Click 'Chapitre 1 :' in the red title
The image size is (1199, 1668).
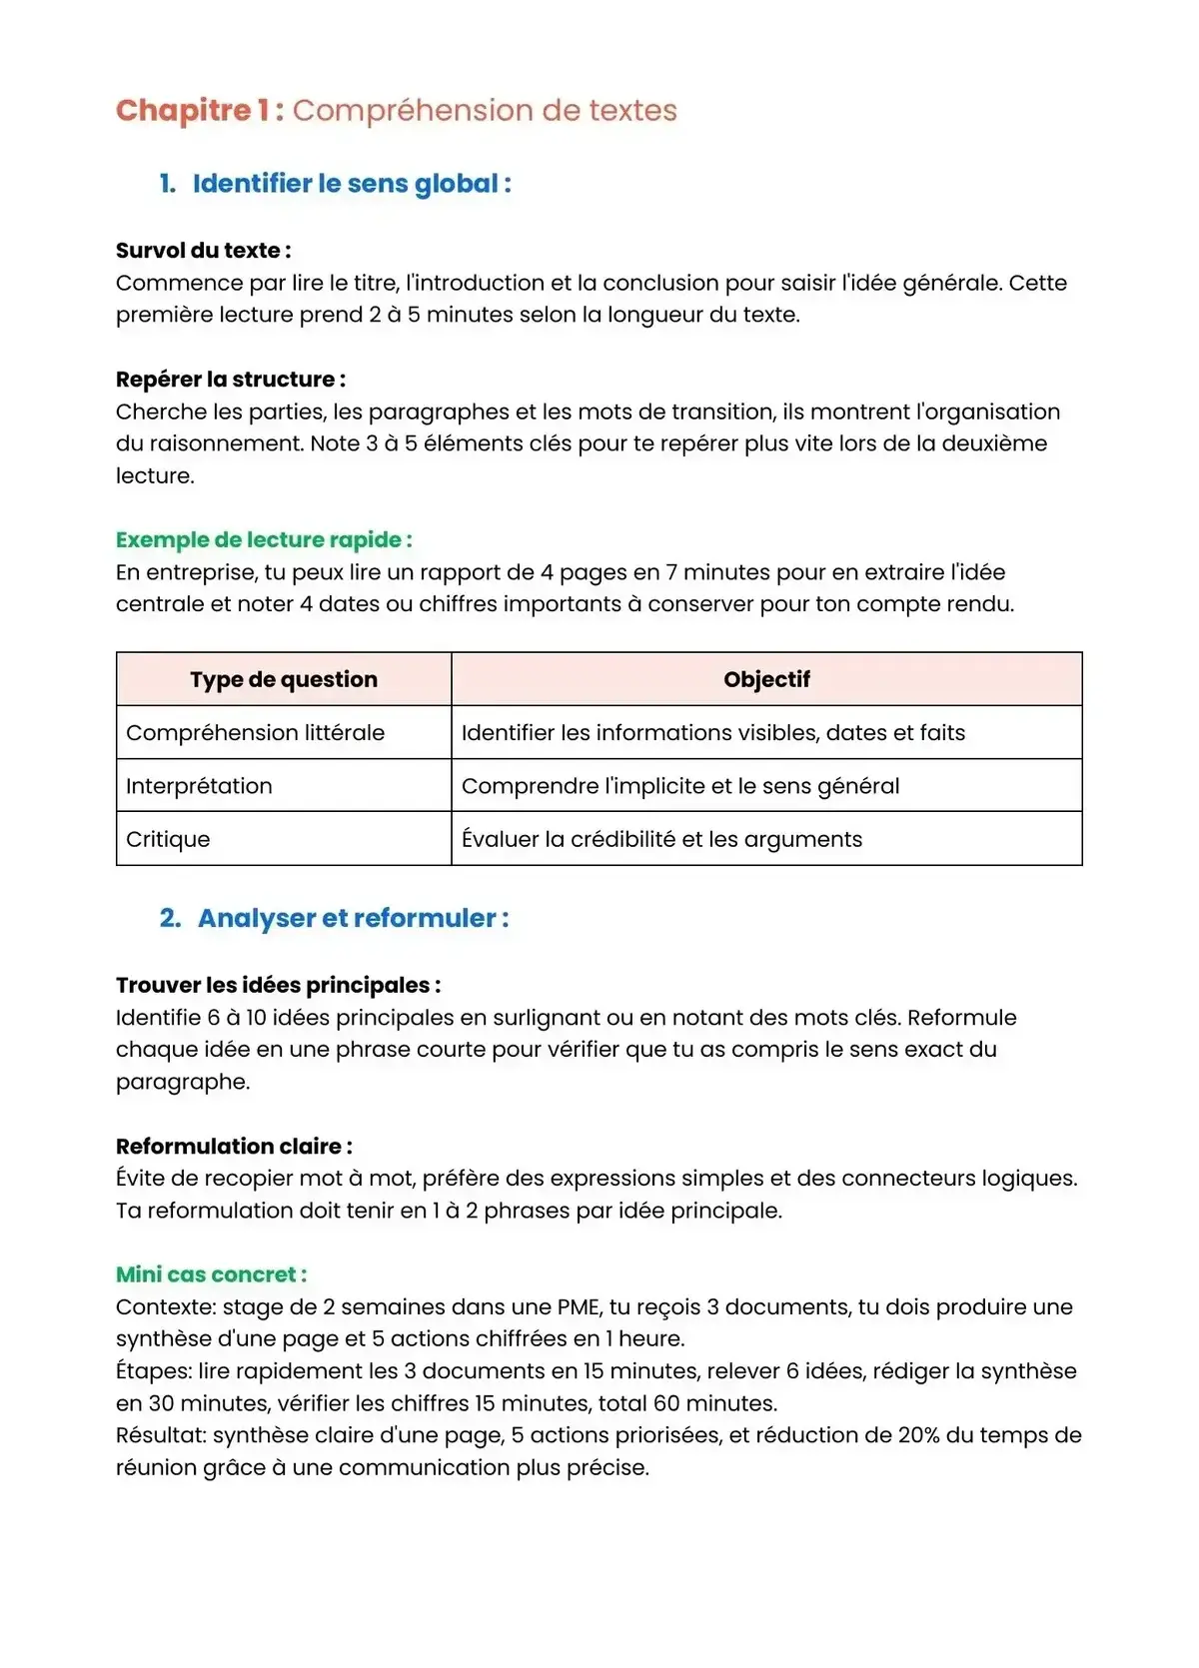point(199,110)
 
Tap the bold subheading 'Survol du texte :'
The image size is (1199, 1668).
point(203,251)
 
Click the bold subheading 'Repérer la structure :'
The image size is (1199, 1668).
point(231,380)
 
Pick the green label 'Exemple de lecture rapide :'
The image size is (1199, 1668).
point(264,540)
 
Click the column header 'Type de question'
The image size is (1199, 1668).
point(284,679)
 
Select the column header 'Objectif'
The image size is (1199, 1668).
point(766,679)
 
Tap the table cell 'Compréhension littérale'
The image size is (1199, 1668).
point(255,733)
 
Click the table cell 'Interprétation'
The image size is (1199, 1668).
point(199,786)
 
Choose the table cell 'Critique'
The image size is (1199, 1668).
point(168,839)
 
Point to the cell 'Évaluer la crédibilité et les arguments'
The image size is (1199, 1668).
point(661,839)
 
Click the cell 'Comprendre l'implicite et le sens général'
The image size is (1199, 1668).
point(680,786)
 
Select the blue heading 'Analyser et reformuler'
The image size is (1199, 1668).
point(353,919)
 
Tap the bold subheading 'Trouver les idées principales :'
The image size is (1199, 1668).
point(278,986)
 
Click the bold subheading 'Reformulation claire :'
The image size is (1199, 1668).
point(234,1147)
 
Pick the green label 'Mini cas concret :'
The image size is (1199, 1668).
point(211,1274)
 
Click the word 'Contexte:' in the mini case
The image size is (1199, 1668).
point(165,1307)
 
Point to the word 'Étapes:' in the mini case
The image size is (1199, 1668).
point(154,1371)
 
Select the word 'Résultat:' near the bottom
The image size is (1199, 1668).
point(161,1435)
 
